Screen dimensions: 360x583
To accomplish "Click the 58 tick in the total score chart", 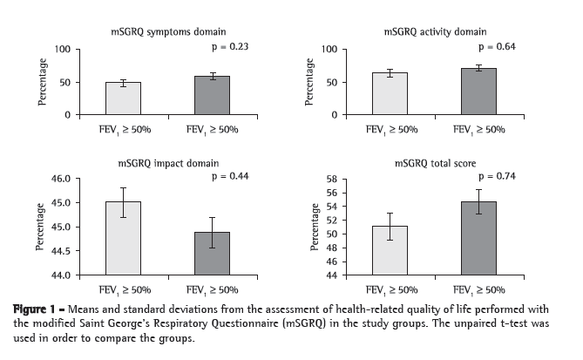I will click(x=332, y=179).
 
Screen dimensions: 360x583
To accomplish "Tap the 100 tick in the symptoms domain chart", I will click(x=61, y=49).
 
